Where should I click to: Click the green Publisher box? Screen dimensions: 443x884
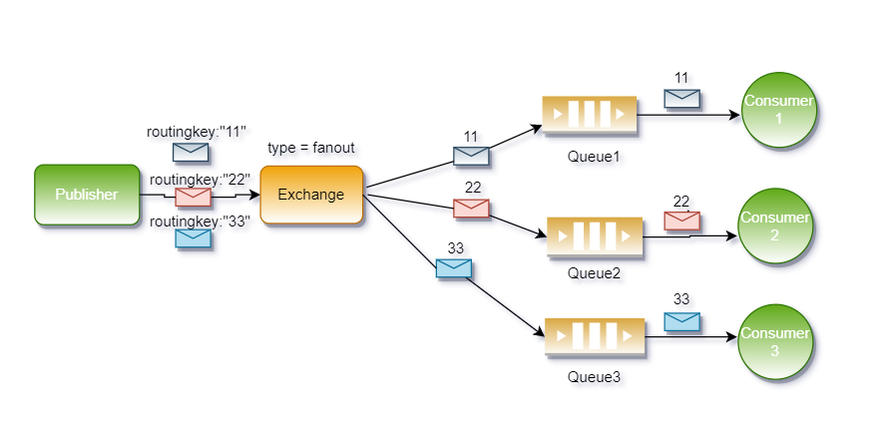click(87, 195)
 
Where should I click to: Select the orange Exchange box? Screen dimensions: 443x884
click(310, 195)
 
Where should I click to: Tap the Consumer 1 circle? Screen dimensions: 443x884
click(779, 111)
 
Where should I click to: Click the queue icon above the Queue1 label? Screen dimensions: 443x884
click(589, 115)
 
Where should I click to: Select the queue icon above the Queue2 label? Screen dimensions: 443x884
click(594, 236)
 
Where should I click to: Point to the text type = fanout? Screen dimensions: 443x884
click(311, 148)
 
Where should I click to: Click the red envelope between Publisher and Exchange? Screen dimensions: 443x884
click(193, 197)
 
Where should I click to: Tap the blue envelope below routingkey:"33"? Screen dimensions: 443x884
click(193, 238)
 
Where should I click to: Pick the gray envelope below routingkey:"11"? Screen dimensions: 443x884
click(191, 152)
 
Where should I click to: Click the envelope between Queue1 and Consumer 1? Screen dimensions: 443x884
click(681, 98)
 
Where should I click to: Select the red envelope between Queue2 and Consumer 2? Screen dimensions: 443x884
click(681, 221)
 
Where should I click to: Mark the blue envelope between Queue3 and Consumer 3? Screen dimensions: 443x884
click(681, 321)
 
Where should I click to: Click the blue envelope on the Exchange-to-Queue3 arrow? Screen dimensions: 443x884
click(454, 267)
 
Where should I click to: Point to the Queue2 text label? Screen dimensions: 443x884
click(594, 272)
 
